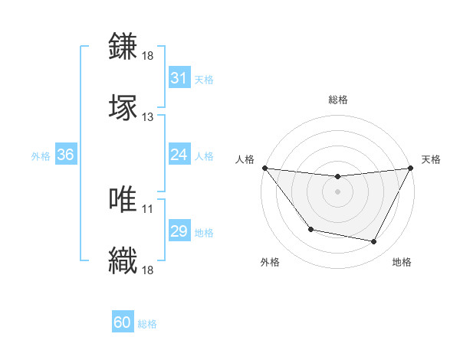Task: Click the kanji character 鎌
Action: [x=124, y=47]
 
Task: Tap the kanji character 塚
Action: [x=124, y=107]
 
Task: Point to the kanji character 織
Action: [x=124, y=260]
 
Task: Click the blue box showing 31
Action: [x=179, y=78]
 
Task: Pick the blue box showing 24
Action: [x=179, y=155]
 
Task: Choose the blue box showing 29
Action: [x=179, y=231]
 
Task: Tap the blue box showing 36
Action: [x=66, y=155]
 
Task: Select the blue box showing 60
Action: [x=123, y=323]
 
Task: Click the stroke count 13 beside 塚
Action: [x=148, y=117]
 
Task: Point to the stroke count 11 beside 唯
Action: [x=148, y=208]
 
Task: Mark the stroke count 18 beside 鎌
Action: [x=148, y=56]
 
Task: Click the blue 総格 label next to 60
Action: [x=147, y=324]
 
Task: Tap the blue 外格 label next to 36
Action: [x=41, y=155]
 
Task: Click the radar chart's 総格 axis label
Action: [x=338, y=100]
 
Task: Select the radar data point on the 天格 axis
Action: [x=412, y=168]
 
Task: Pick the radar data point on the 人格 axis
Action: [x=264, y=168]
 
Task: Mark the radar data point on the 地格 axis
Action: [x=374, y=242]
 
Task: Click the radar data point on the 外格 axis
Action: [x=310, y=229]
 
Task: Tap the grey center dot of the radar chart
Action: [x=338, y=191]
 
